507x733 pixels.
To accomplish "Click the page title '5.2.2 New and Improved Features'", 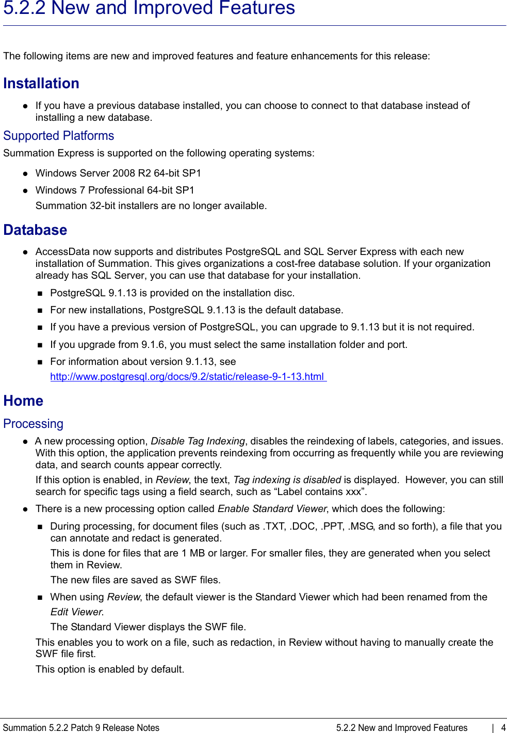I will pyautogui.click(x=149, y=9).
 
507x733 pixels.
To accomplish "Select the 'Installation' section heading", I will pyautogui.click(x=41, y=83).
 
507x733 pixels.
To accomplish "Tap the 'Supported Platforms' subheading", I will pyautogui.click(x=58, y=136).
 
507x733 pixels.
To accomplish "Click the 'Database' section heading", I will pyautogui.click(x=35, y=230).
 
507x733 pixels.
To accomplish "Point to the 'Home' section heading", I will pyautogui.click(x=23, y=401).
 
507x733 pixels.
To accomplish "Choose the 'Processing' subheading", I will pyautogui.click(x=33, y=424).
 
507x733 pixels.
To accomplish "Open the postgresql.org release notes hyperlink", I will pyautogui.click(x=187, y=377).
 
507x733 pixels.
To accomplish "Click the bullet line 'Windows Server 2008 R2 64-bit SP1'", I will pyautogui.click(x=118, y=173).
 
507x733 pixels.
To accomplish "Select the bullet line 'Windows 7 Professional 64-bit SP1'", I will pyautogui.click(x=115, y=190).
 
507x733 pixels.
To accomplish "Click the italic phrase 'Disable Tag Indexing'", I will pyautogui.click(x=198, y=441).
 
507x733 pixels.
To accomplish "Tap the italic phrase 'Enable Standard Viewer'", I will pyautogui.click(x=272, y=509).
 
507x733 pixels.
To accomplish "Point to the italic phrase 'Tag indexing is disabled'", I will pyautogui.click(x=287, y=480).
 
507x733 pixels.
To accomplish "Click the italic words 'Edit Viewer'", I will pyautogui.click(x=76, y=612).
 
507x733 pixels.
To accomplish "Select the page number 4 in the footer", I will pyautogui.click(x=503, y=728).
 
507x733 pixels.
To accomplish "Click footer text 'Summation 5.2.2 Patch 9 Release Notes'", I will pyautogui.click(x=81, y=728).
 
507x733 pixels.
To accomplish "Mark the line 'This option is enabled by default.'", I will pyautogui.click(x=110, y=670).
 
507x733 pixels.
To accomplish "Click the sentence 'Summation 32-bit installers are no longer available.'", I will pyautogui.click(x=151, y=206).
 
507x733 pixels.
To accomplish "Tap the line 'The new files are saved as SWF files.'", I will pyautogui.click(x=135, y=580).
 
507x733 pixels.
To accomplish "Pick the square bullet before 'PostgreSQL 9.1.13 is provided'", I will pyautogui.click(x=40, y=294).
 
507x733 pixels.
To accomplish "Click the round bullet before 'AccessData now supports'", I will pyautogui.click(x=25, y=252).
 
